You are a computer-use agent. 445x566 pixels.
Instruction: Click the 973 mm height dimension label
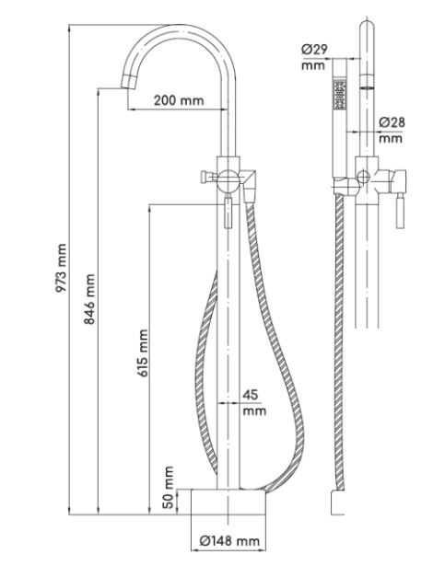coord(61,268)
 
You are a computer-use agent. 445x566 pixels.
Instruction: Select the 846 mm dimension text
coord(89,299)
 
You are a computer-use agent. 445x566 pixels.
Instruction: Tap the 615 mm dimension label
coord(143,353)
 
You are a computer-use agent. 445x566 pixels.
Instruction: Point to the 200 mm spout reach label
coord(179,100)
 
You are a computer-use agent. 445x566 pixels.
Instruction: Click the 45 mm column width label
coord(254,402)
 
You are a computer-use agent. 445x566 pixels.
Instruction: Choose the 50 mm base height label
coord(168,487)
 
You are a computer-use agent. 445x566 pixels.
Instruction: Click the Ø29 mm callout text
coord(314,57)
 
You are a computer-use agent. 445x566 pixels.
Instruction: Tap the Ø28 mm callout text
coord(392,130)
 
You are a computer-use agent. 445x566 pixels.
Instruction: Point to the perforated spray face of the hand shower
coord(340,95)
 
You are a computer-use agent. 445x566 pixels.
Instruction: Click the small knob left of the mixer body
coord(208,178)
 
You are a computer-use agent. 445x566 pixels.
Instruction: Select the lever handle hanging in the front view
coord(228,212)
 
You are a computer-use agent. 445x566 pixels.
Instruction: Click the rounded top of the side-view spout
coord(367,26)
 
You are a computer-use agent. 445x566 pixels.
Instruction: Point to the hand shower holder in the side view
coord(345,187)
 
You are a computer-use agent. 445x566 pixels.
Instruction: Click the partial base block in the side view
coord(338,502)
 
